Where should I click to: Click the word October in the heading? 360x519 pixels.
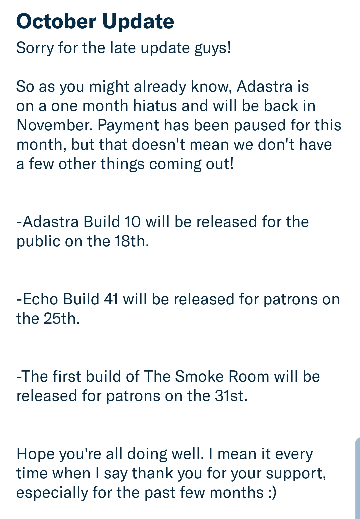point(56,21)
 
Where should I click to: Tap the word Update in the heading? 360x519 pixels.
point(138,22)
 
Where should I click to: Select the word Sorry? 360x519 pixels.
point(35,48)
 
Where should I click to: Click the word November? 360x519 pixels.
point(54,125)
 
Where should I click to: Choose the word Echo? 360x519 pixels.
point(40,299)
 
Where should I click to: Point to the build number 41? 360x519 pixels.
point(111,299)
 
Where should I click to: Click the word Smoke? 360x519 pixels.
point(199,376)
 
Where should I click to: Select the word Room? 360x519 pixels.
point(249,376)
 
